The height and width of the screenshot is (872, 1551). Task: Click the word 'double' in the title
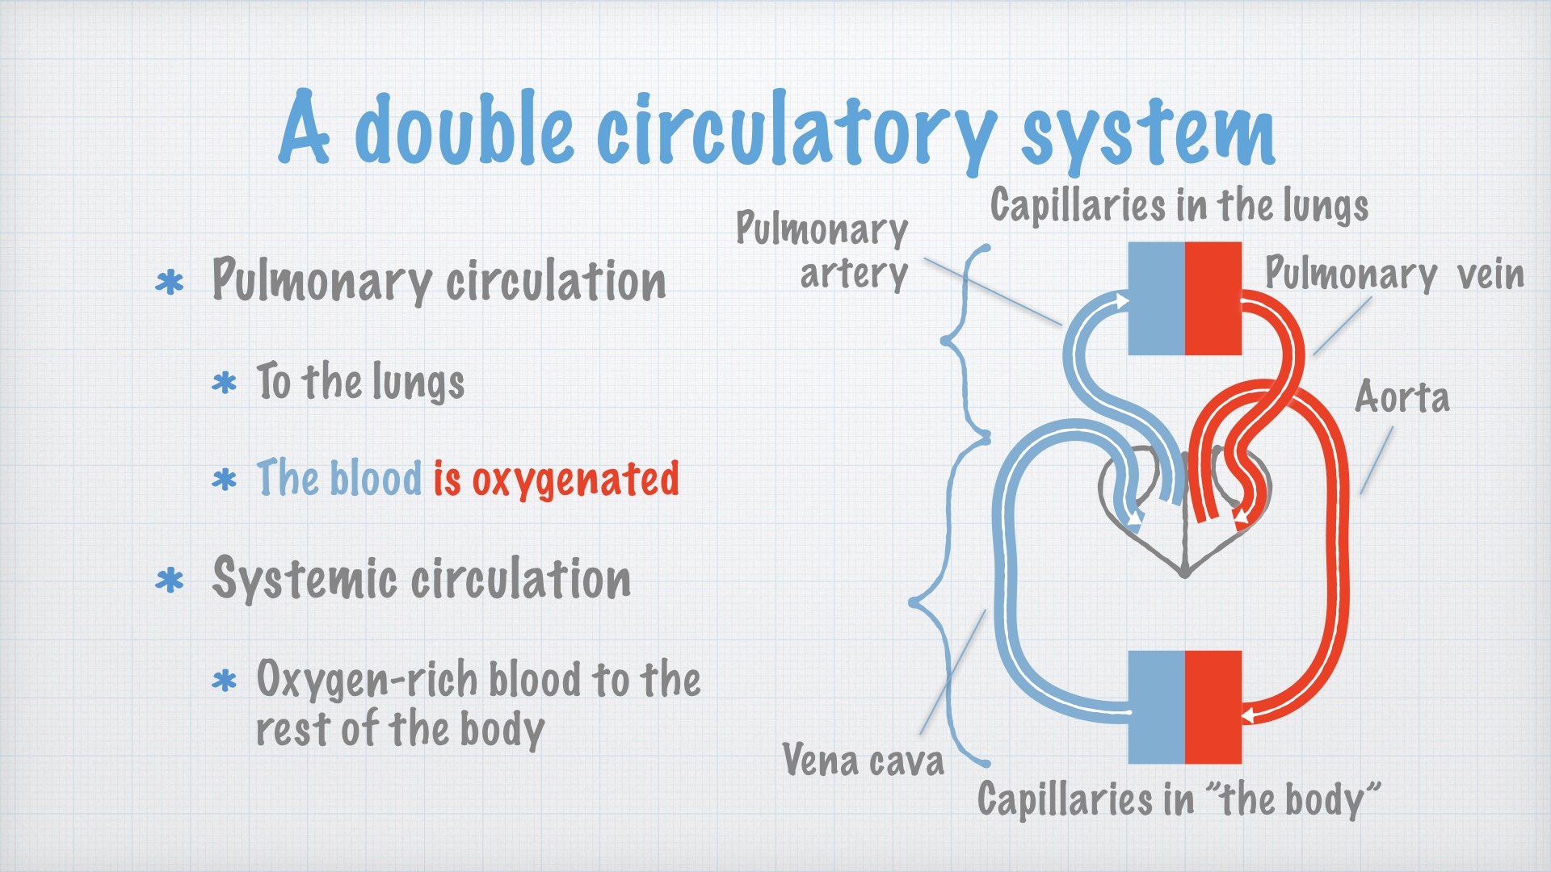(x=464, y=128)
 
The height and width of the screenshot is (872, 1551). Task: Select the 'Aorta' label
(x=1402, y=397)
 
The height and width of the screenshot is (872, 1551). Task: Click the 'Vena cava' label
(x=864, y=760)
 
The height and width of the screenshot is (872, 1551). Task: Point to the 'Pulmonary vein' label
(x=1394, y=273)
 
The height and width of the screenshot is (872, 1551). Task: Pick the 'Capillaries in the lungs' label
(x=1179, y=205)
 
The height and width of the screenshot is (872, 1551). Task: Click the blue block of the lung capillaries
(x=1156, y=298)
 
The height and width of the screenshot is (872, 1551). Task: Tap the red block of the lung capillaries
(x=1213, y=298)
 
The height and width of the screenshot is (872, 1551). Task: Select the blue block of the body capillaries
(x=1156, y=707)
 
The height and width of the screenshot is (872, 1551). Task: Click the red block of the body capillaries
(x=1213, y=707)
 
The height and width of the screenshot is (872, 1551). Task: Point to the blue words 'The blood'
(x=339, y=477)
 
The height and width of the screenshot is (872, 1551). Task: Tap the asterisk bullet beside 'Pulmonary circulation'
(x=170, y=283)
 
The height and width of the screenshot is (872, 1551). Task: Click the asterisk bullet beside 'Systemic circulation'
(x=170, y=581)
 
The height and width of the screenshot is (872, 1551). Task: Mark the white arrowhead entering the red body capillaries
(x=1247, y=715)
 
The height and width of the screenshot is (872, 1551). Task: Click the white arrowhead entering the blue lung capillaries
(x=1122, y=301)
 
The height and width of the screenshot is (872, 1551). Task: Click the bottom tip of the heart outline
(x=1184, y=573)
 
